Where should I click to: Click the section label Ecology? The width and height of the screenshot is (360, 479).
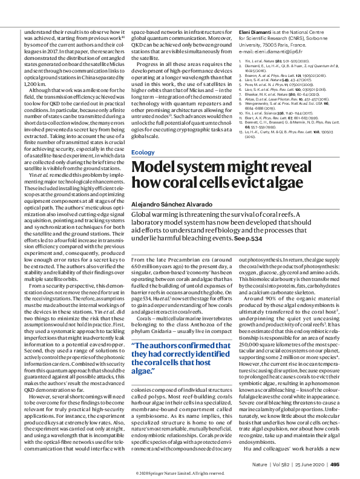click(x=142, y=153)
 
